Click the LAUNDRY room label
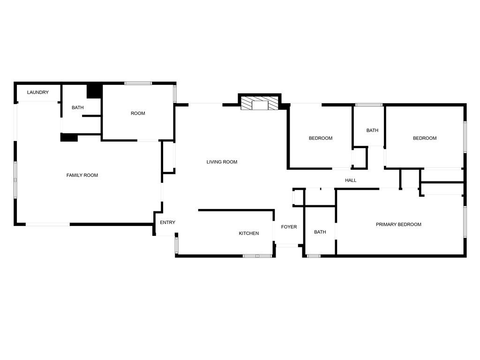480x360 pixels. point(37,92)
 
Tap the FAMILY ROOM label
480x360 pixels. point(82,175)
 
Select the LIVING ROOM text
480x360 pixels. point(222,162)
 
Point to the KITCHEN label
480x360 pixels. point(248,233)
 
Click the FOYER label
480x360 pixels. point(289,227)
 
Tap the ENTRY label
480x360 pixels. point(167,223)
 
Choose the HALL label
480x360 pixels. point(351,180)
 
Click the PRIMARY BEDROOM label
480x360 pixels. point(398,225)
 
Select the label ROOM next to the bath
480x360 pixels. point(138,113)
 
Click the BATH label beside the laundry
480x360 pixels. point(77,107)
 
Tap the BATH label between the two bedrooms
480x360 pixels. point(372,130)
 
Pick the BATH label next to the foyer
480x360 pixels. point(320,232)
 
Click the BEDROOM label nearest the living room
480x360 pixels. point(321,138)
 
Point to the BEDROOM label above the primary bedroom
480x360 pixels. point(425,138)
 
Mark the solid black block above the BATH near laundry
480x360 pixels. point(94,90)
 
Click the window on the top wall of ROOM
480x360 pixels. point(138,83)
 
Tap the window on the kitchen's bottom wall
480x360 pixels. point(257,255)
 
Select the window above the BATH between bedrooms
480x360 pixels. point(368,105)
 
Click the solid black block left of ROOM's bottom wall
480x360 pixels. point(69,137)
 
